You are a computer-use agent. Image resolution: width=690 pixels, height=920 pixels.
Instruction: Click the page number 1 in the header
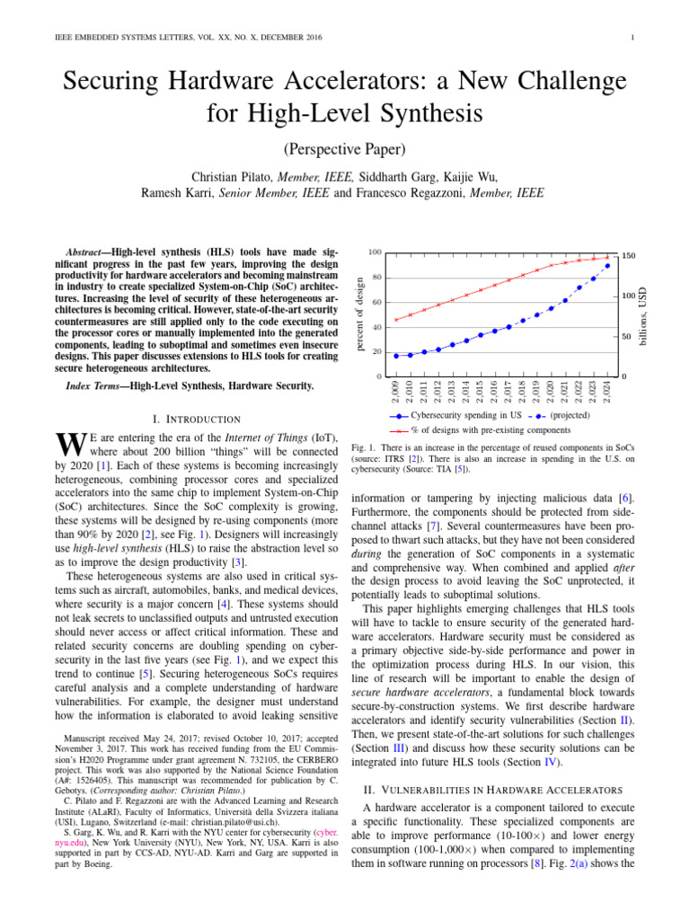[633, 38]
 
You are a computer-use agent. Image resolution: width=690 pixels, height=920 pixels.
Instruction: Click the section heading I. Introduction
[198, 419]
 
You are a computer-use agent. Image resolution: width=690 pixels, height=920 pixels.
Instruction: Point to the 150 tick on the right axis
[630, 256]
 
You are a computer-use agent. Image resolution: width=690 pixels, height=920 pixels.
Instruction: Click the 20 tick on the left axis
[376, 351]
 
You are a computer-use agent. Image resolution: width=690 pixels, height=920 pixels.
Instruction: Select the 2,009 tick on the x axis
[396, 393]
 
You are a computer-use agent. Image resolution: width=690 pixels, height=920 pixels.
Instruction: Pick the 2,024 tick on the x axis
[607, 393]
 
